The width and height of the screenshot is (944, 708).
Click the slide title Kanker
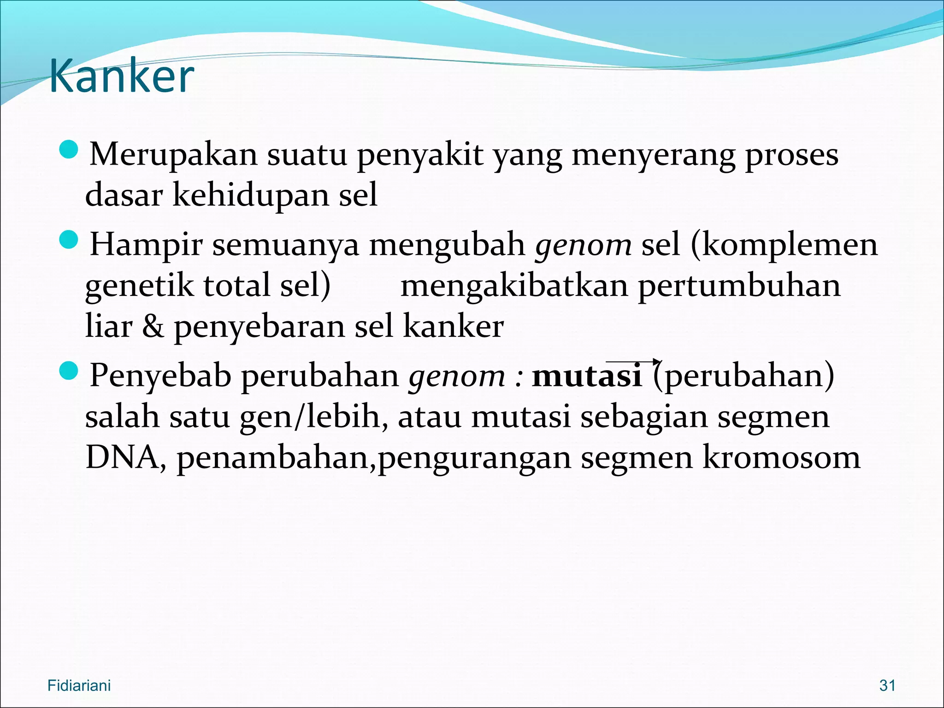click(x=121, y=76)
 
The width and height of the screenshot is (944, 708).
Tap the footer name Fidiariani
click(x=79, y=685)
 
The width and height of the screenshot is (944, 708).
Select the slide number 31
click(x=887, y=685)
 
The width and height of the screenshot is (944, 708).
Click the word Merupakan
click(x=173, y=154)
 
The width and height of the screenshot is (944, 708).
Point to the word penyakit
click(x=420, y=154)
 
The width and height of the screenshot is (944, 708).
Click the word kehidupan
click(x=251, y=195)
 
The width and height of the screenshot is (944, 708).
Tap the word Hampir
click(x=146, y=244)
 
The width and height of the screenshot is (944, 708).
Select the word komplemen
click(x=790, y=244)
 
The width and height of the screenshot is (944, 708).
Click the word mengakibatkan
click(x=514, y=285)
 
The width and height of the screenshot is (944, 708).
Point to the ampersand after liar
click(x=153, y=326)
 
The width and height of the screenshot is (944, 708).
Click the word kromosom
click(x=781, y=457)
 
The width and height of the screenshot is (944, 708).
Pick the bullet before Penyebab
click(x=69, y=371)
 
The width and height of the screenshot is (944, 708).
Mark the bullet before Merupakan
click(x=69, y=150)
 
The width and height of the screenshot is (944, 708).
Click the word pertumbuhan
click(x=739, y=285)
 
